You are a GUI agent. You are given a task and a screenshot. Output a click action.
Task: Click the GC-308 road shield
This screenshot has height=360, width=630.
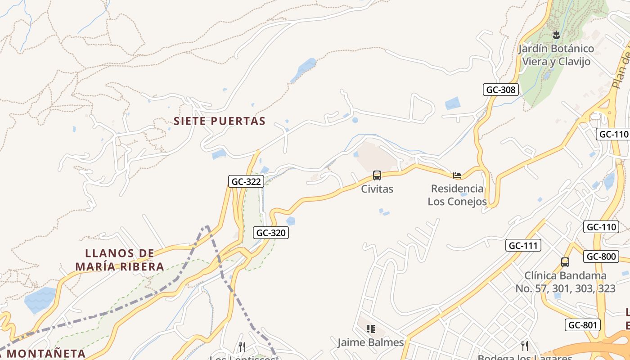pyautogui.click(x=501, y=90)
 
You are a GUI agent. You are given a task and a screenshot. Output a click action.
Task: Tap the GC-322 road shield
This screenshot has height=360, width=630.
pyautogui.click(x=245, y=181)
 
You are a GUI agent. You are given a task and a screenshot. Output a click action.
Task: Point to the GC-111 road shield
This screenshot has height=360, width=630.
pyautogui.click(x=523, y=245)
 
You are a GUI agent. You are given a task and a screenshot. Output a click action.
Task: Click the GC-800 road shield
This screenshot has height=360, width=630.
pyautogui.click(x=601, y=256)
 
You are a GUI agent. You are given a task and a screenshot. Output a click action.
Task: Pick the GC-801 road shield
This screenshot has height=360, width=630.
pyautogui.click(x=583, y=325)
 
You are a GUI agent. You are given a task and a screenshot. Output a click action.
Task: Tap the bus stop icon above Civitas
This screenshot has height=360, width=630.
pyautogui.click(x=377, y=175)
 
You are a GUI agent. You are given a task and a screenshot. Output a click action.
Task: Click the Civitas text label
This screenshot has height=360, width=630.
pyautogui.click(x=377, y=189)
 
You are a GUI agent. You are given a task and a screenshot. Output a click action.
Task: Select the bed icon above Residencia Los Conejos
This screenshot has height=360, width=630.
pyautogui.click(x=457, y=175)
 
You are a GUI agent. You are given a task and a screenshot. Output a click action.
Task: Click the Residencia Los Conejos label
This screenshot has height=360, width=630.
pyautogui.click(x=457, y=195)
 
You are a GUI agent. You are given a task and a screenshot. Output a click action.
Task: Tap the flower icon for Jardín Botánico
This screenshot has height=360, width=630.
pyautogui.click(x=556, y=35)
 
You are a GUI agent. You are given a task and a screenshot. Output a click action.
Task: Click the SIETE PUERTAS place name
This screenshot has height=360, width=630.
pyautogui.click(x=220, y=121)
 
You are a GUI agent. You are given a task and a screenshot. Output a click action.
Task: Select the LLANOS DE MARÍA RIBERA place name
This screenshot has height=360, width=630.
pyautogui.click(x=120, y=260)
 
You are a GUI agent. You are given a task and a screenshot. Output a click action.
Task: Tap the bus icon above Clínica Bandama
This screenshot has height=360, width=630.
pyautogui.click(x=565, y=262)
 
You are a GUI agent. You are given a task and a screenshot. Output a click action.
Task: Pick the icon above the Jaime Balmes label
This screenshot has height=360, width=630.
pyautogui.click(x=370, y=329)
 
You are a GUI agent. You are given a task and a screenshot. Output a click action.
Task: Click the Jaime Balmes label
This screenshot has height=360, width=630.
pyautogui.click(x=371, y=342)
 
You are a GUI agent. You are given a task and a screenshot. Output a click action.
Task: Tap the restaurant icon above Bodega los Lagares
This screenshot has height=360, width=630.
pyautogui.click(x=524, y=346)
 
